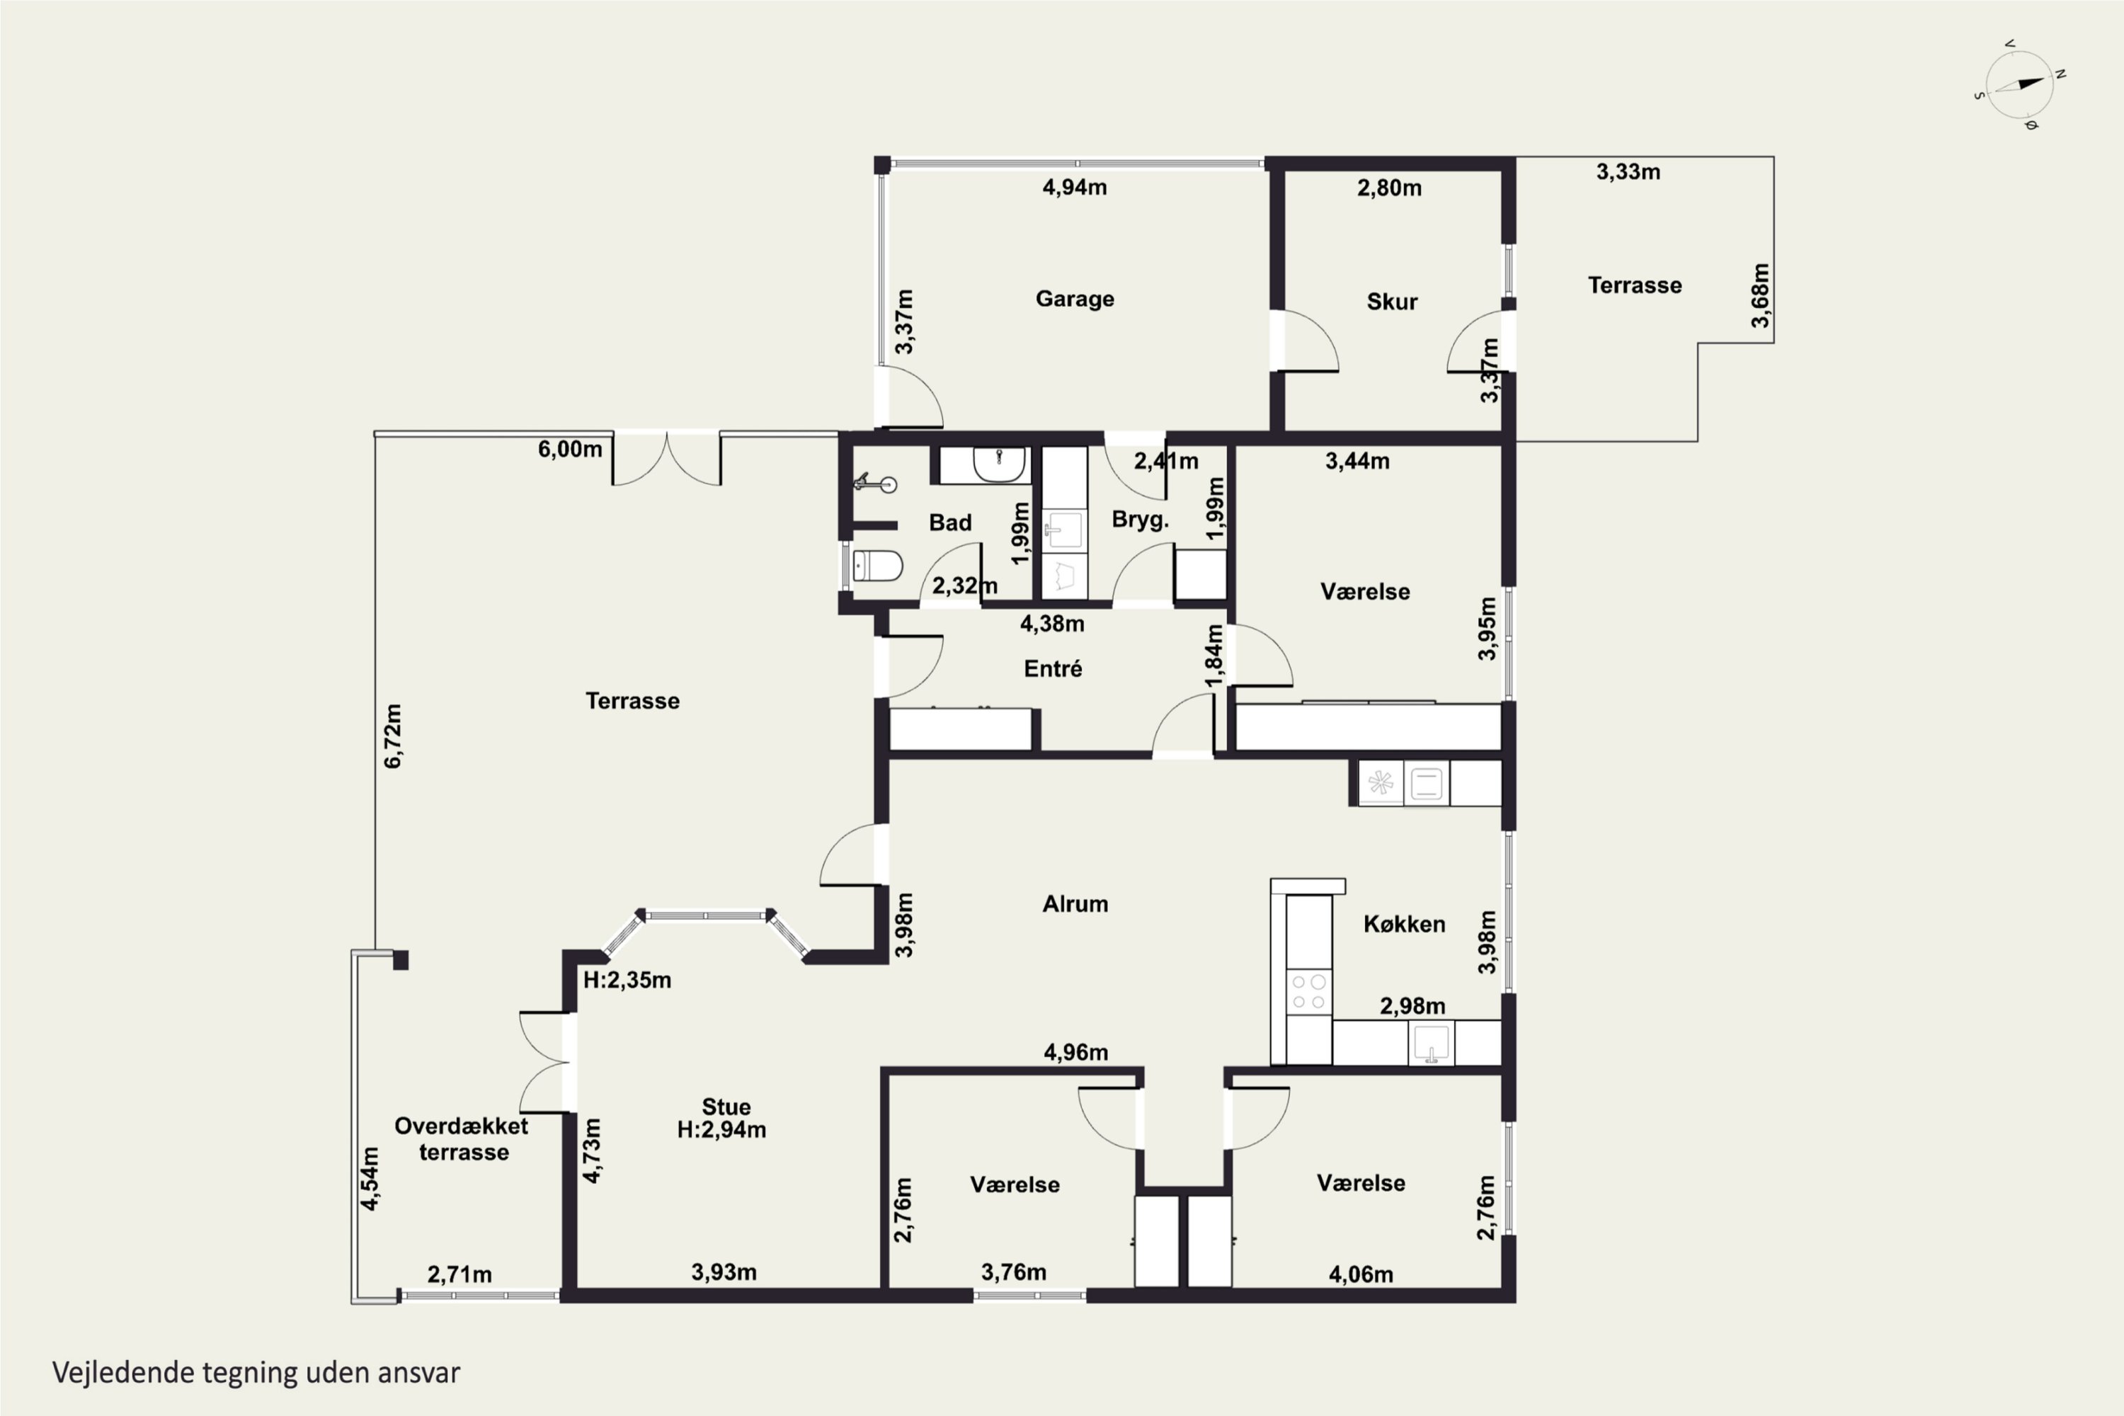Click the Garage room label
(1075, 299)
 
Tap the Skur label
(1392, 302)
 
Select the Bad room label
(950, 522)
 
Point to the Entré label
(1053, 668)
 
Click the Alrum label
(1075, 904)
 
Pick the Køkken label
(1404, 924)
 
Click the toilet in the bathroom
(878, 566)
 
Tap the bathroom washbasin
(999, 464)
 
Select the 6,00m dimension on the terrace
(570, 449)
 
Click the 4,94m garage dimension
(1075, 187)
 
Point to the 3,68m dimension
(1760, 295)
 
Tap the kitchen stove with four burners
(1308, 992)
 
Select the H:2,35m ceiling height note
(627, 980)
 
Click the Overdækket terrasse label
(462, 1138)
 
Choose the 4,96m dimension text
(1075, 1052)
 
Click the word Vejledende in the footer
(122, 1373)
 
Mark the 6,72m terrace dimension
(393, 736)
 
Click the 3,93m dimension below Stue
(724, 1272)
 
